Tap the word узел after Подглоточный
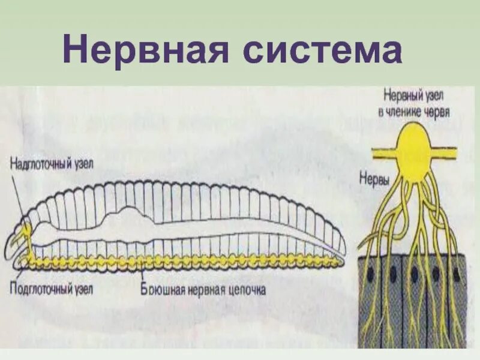(83, 286)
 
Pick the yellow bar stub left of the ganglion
(380, 152)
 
